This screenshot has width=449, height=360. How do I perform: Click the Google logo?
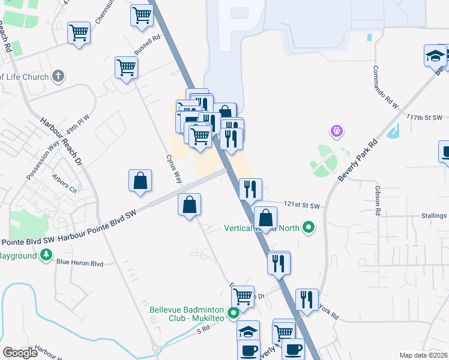pos(20,353)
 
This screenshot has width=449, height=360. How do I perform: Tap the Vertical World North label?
pos(262,228)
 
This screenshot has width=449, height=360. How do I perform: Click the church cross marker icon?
pos(58,76)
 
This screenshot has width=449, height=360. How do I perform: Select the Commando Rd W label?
pos(385,87)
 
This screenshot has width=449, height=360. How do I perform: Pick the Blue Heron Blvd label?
pos(79,263)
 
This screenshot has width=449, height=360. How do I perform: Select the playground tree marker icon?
pos(46,256)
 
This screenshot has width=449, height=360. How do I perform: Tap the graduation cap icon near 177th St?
pos(435,56)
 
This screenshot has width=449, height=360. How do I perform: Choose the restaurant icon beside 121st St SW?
pos(250,189)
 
